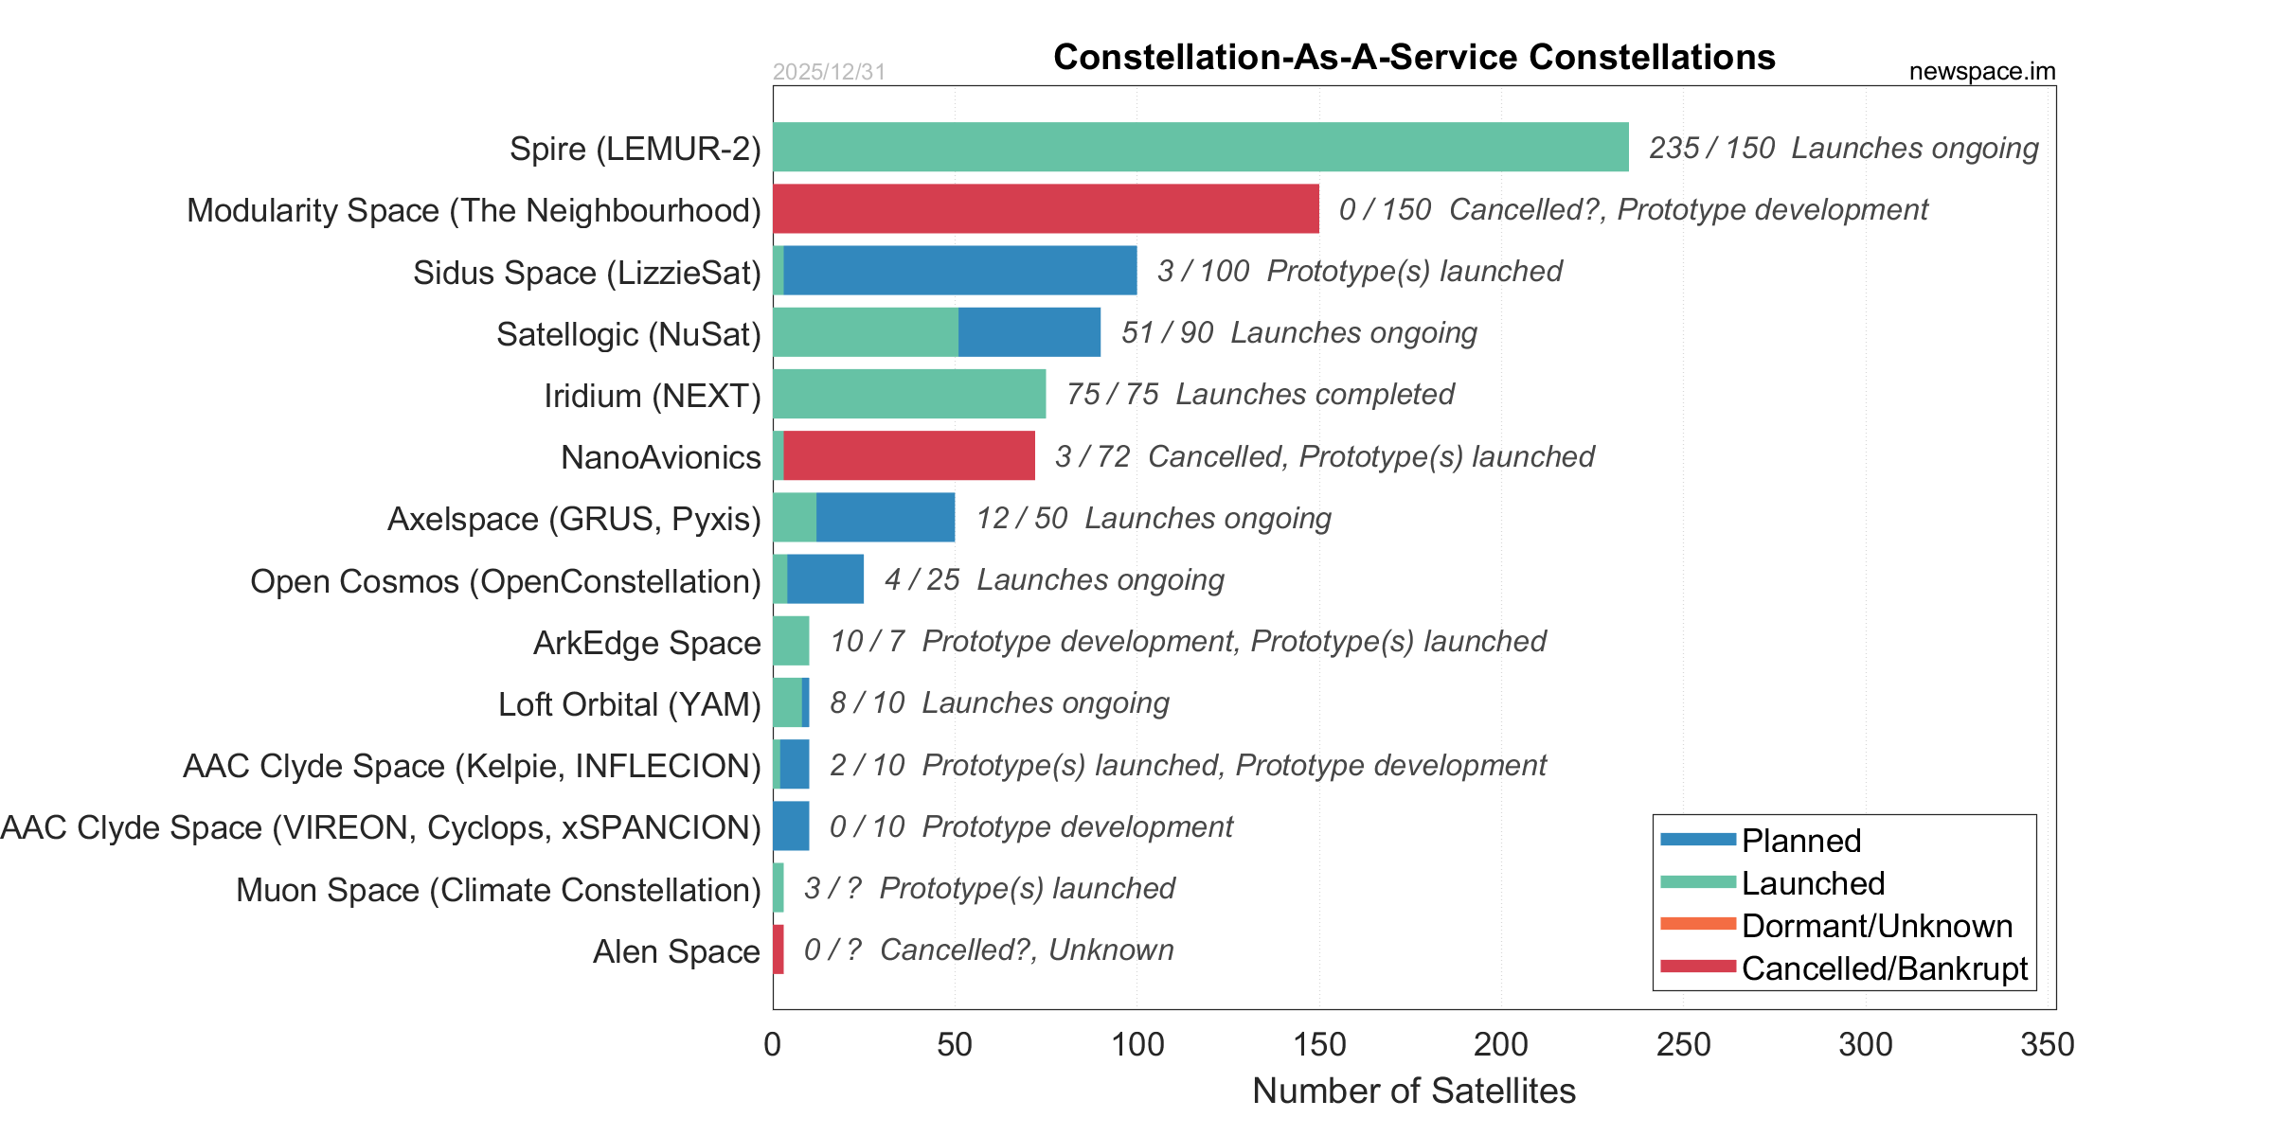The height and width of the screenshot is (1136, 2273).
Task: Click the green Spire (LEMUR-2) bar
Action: click(1200, 147)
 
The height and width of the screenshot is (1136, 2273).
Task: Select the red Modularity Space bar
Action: click(1046, 208)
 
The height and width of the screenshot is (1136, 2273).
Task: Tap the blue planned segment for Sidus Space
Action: click(959, 271)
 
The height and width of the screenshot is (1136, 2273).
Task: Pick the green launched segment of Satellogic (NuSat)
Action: click(865, 332)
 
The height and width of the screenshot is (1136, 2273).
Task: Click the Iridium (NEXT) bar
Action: click(909, 394)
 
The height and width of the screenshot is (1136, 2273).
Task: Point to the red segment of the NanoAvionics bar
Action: click(909, 455)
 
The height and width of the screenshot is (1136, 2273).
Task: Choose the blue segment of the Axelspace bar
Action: click(886, 517)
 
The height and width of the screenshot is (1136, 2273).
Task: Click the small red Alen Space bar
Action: click(779, 950)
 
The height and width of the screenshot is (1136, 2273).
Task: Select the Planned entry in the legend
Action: click(1800, 841)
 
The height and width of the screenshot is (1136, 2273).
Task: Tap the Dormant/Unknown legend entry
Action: click(1876, 926)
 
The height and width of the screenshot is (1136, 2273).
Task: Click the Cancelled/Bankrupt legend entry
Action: click(1884, 968)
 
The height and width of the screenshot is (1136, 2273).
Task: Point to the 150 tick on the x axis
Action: click(1319, 1044)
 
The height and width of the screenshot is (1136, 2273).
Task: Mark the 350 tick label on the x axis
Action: click(2048, 1044)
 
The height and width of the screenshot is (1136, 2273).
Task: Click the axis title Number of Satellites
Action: click(1414, 1091)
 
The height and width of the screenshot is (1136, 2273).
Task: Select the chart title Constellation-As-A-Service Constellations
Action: click(1414, 57)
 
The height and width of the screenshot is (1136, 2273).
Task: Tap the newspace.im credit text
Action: click(1982, 72)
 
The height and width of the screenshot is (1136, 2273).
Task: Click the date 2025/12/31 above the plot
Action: click(829, 72)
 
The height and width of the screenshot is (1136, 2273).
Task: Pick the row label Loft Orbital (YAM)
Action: click(630, 704)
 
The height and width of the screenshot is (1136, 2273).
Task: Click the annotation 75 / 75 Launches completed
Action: click(1260, 394)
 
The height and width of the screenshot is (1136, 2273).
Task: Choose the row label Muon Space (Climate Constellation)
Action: click(498, 890)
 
